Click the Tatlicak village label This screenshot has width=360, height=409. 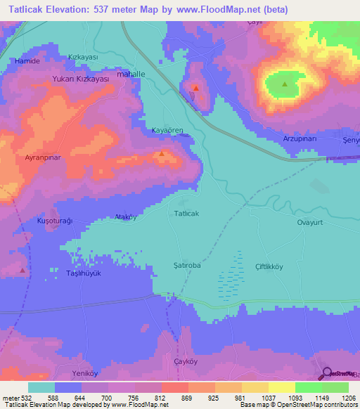tap(187, 213)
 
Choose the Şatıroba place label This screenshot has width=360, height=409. tap(187, 266)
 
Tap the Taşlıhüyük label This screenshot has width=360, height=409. tap(84, 273)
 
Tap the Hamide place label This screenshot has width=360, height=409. tap(27, 61)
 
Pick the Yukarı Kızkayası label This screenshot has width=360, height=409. tap(81, 79)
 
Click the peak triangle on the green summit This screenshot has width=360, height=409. tap(285, 84)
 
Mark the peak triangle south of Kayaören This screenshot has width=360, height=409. tap(162, 153)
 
